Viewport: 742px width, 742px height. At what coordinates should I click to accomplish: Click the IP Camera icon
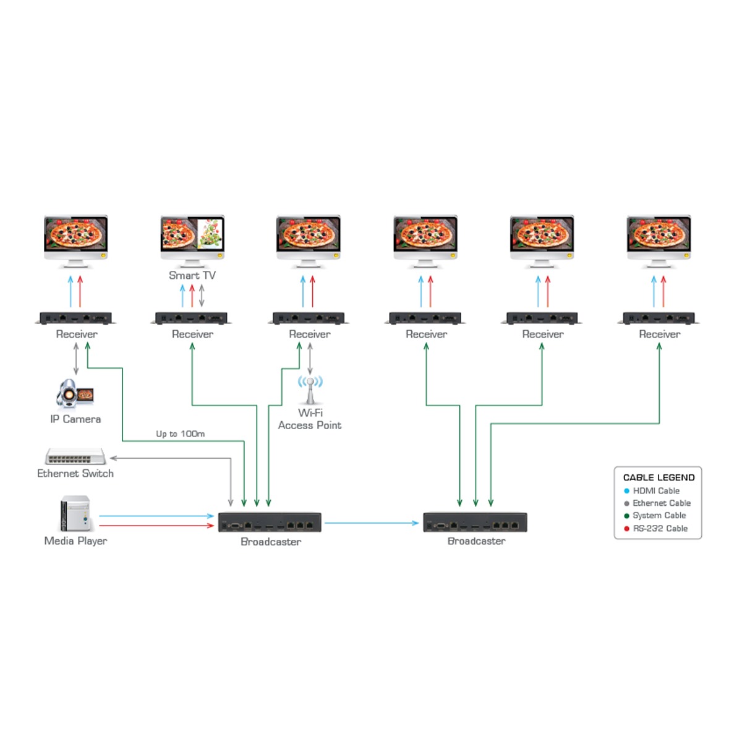coord(74,394)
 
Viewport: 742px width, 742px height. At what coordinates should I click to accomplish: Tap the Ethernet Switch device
coord(75,456)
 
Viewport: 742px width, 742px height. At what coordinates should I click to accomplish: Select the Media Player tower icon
coord(75,513)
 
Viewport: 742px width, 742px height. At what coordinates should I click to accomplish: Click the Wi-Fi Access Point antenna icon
coord(310,389)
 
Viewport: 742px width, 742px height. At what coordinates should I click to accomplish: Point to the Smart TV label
coord(192,275)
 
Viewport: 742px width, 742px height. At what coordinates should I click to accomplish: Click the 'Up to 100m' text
coord(180,434)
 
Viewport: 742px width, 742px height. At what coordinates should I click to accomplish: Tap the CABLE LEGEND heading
coord(659,477)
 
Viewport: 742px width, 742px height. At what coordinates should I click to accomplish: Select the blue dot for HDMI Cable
coord(626,491)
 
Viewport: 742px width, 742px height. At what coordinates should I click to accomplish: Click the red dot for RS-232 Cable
coord(626,529)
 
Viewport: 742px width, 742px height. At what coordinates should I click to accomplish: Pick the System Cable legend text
coord(659,516)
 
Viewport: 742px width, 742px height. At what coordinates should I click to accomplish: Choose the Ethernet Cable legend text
coord(662,503)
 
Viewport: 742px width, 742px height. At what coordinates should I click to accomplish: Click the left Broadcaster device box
coord(270,522)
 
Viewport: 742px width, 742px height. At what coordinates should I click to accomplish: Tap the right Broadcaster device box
coord(475,522)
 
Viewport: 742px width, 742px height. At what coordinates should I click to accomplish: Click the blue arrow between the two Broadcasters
coord(371,523)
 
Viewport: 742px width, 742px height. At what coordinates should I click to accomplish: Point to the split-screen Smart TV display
coord(192,235)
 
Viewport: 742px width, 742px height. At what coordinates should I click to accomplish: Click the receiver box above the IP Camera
coord(75,318)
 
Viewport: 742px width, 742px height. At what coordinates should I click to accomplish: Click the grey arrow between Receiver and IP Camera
coord(76,359)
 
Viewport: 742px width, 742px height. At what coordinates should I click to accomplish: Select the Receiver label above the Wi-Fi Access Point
coord(310,334)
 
